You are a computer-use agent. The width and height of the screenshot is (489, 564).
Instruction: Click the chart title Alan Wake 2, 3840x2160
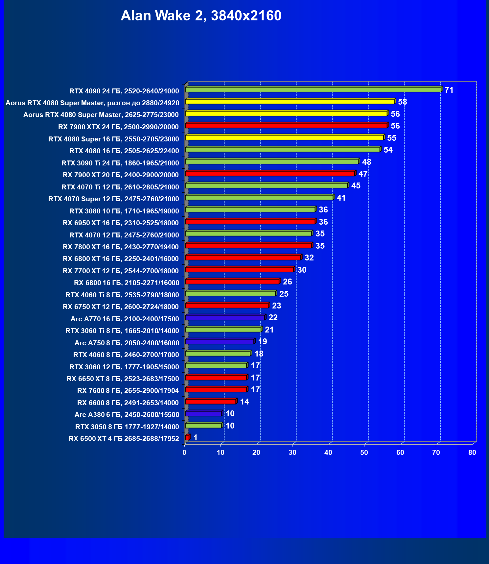[x=201, y=16]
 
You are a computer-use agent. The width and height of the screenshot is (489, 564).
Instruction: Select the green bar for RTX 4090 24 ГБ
[x=313, y=89]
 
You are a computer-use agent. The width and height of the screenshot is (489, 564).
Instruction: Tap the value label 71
[x=449, y=90]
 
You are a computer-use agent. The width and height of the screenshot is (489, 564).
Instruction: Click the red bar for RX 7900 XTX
[x=286, y=126]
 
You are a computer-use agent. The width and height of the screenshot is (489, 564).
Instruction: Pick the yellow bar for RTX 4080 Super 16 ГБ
[x=284, y=137]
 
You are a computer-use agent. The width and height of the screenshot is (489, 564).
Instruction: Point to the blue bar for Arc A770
[x=225, y=318]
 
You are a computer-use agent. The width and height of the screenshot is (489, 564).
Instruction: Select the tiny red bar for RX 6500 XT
[x=187, y=437]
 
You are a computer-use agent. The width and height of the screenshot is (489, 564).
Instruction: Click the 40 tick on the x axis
[x=328, y=453]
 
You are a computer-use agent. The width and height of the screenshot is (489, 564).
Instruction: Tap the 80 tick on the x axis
[x=472, y=453]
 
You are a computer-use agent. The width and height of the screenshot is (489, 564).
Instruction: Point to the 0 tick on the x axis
[x=184, y=453]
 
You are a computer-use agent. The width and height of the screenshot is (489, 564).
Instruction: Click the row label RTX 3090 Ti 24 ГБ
[x=120, y=163]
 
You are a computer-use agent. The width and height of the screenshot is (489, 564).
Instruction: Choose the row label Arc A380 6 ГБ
[x=127, y=415]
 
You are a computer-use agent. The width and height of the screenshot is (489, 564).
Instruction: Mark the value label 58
[x=402, y=102]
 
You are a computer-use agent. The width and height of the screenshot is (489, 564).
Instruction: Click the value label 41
[x=341, y=198]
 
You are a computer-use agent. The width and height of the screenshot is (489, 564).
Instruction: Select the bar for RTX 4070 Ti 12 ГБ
[x=266, y=185]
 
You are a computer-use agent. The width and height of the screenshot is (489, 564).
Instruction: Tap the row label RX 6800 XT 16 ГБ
[x=121, y=259]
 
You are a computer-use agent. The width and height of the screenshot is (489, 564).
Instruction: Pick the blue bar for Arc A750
[x=220, y=342]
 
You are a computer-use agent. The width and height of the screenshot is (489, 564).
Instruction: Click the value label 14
[x=244, y=402]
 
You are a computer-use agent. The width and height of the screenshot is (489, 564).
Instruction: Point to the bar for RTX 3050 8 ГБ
[x=203, y=426]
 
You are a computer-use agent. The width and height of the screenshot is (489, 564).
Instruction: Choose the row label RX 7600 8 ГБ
[x=128, y=391]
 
